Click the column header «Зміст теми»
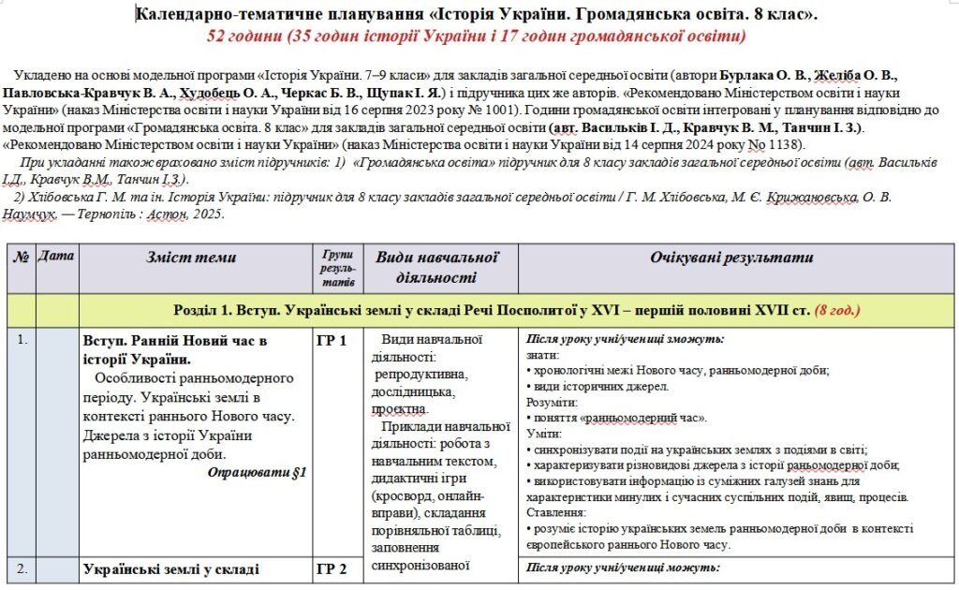[x=191, y=258]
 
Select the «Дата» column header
[x=56, y=256]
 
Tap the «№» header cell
[x=21, y=256]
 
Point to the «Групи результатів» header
[x=337, y=268]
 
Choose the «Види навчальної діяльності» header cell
[x=435, y=267]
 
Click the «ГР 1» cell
[x=332, y=340]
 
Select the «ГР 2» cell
[x=332, y=568]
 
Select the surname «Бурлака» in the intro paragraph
[x=745, y=73]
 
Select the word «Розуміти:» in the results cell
[x=552, y=401]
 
